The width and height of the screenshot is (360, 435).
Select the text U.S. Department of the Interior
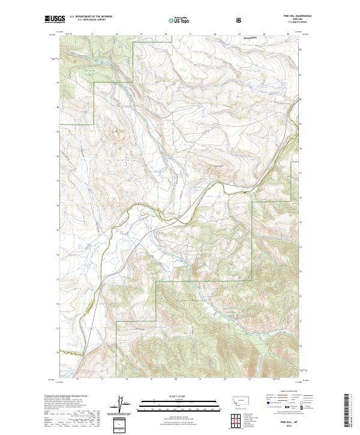point(89,17)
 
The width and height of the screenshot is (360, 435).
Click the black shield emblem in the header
point(240,20)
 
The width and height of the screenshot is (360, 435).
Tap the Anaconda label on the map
point(250,37)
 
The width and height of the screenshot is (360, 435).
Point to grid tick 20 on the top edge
point(166,35)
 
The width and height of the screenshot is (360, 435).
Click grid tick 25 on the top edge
point(289,35)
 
